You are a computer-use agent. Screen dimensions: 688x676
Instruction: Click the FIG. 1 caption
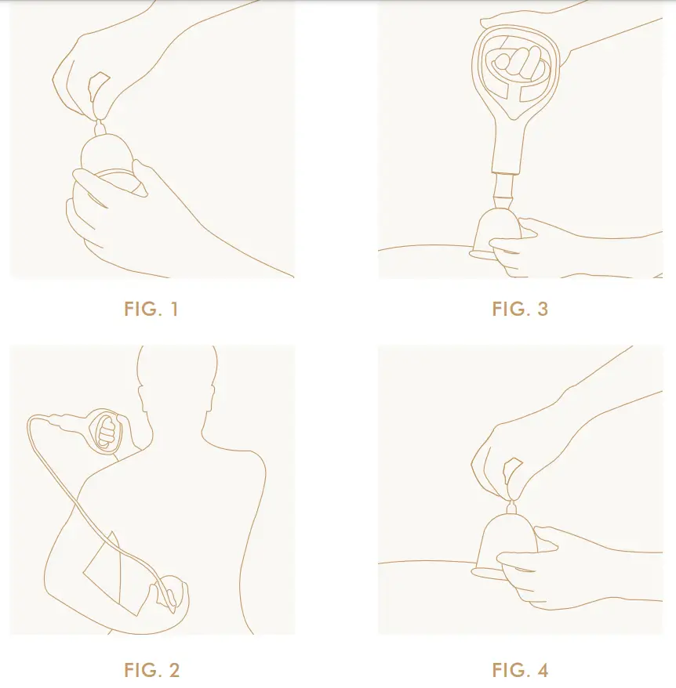point(151,309)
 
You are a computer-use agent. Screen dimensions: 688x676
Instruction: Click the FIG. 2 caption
point(151,670)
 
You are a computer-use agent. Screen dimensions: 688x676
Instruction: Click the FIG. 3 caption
point(520,309)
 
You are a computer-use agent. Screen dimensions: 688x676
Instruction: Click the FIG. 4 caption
point(520,670)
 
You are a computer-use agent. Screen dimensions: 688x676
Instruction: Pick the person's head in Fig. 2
point(177,376)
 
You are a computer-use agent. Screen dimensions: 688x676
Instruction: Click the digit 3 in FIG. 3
point(542,309)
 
